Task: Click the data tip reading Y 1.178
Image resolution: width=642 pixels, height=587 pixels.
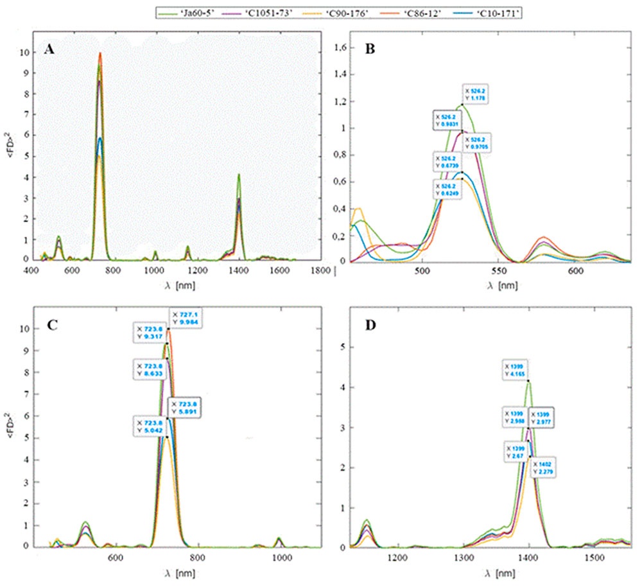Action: pos(476,95)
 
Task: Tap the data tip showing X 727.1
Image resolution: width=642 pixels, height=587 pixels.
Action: pos(186,319)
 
